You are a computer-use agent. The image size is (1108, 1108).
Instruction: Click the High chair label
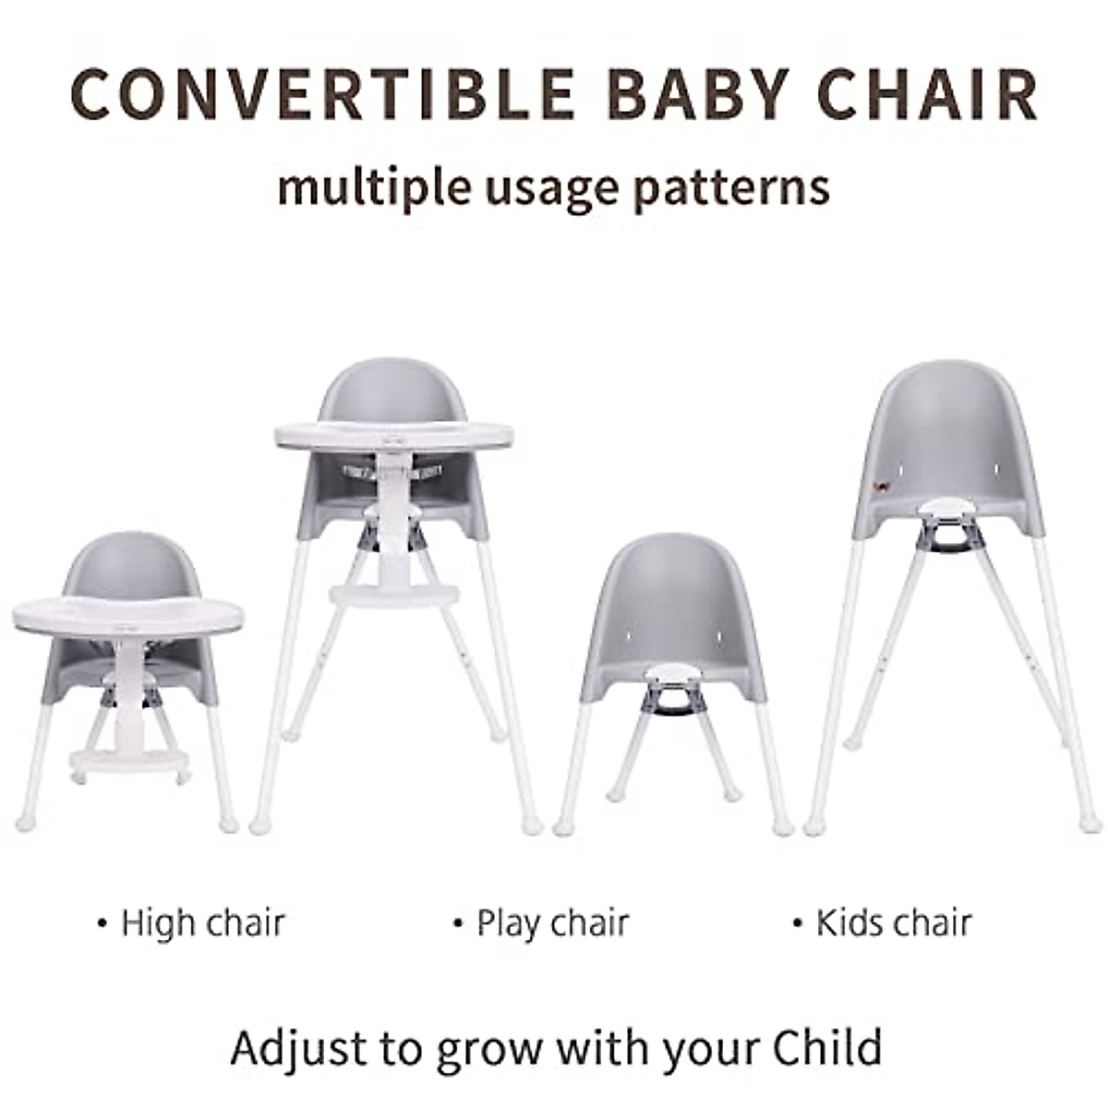[202, 922]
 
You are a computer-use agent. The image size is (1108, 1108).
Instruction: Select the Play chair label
[552, 922]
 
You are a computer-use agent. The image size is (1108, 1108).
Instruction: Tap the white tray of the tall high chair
[393, 435]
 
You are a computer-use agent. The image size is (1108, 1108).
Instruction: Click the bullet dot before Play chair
[458, 923]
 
